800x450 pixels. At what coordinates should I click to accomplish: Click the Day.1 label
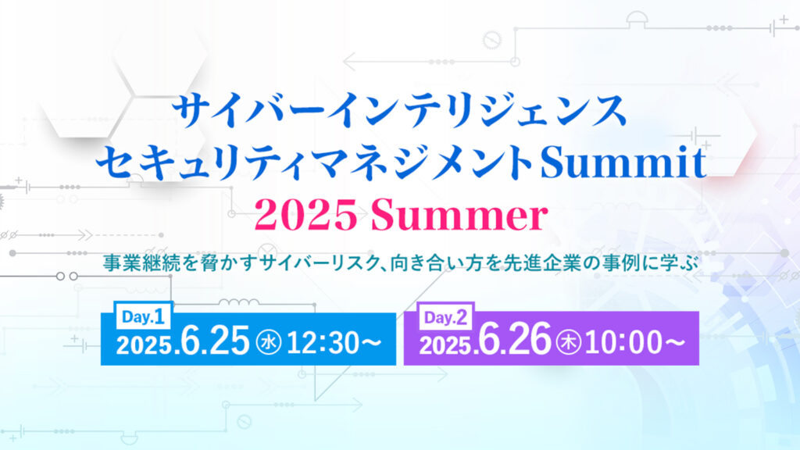tap(143, 317)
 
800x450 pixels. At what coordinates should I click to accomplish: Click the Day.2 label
tap(446, 318)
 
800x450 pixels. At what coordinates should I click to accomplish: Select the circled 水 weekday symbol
tap(269, 342)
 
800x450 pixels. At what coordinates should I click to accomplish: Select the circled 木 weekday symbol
tap(569, 342)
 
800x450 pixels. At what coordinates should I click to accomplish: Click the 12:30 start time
tap(323, 342)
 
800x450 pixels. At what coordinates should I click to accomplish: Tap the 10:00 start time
tap(623, 342)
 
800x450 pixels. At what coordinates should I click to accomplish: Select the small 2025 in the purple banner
tap(446, 345)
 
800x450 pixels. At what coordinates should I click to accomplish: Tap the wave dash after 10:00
tap(674, 343)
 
